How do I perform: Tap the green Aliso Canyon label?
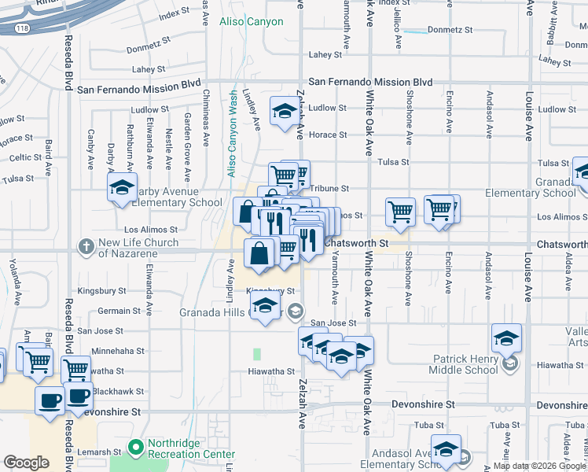[251, 21]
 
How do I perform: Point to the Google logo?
[26, 463]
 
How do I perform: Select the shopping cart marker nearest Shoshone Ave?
[400, 211]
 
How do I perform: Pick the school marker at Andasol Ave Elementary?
[447, 449]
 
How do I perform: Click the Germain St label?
[119, 311]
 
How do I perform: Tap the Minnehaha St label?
[118, 351]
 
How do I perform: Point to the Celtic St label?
[26, 157]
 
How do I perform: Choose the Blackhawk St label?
[117, 391]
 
